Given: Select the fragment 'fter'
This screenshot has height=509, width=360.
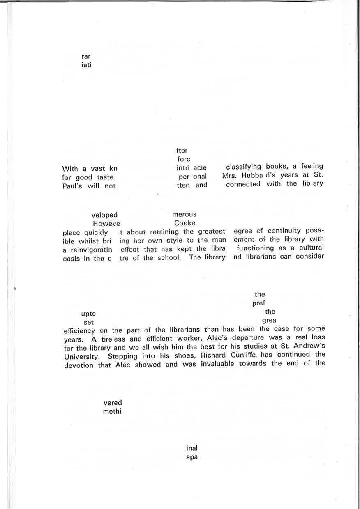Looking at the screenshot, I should pos(182,150).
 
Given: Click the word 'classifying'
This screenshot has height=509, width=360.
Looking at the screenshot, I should pos(243,167).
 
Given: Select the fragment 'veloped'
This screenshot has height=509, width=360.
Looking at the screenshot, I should pos(104,215).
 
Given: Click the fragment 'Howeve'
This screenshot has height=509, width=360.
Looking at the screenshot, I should pos(106,224).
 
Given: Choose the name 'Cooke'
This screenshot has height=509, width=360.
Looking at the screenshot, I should pos(185,223).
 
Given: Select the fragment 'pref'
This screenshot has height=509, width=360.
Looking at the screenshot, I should pos(259,304).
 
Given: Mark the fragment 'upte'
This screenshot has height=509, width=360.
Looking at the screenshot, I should pos(88,314).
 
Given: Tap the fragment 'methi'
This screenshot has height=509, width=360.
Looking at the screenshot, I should pos(112,411).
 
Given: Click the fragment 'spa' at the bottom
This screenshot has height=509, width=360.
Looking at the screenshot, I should pos(192,457).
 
